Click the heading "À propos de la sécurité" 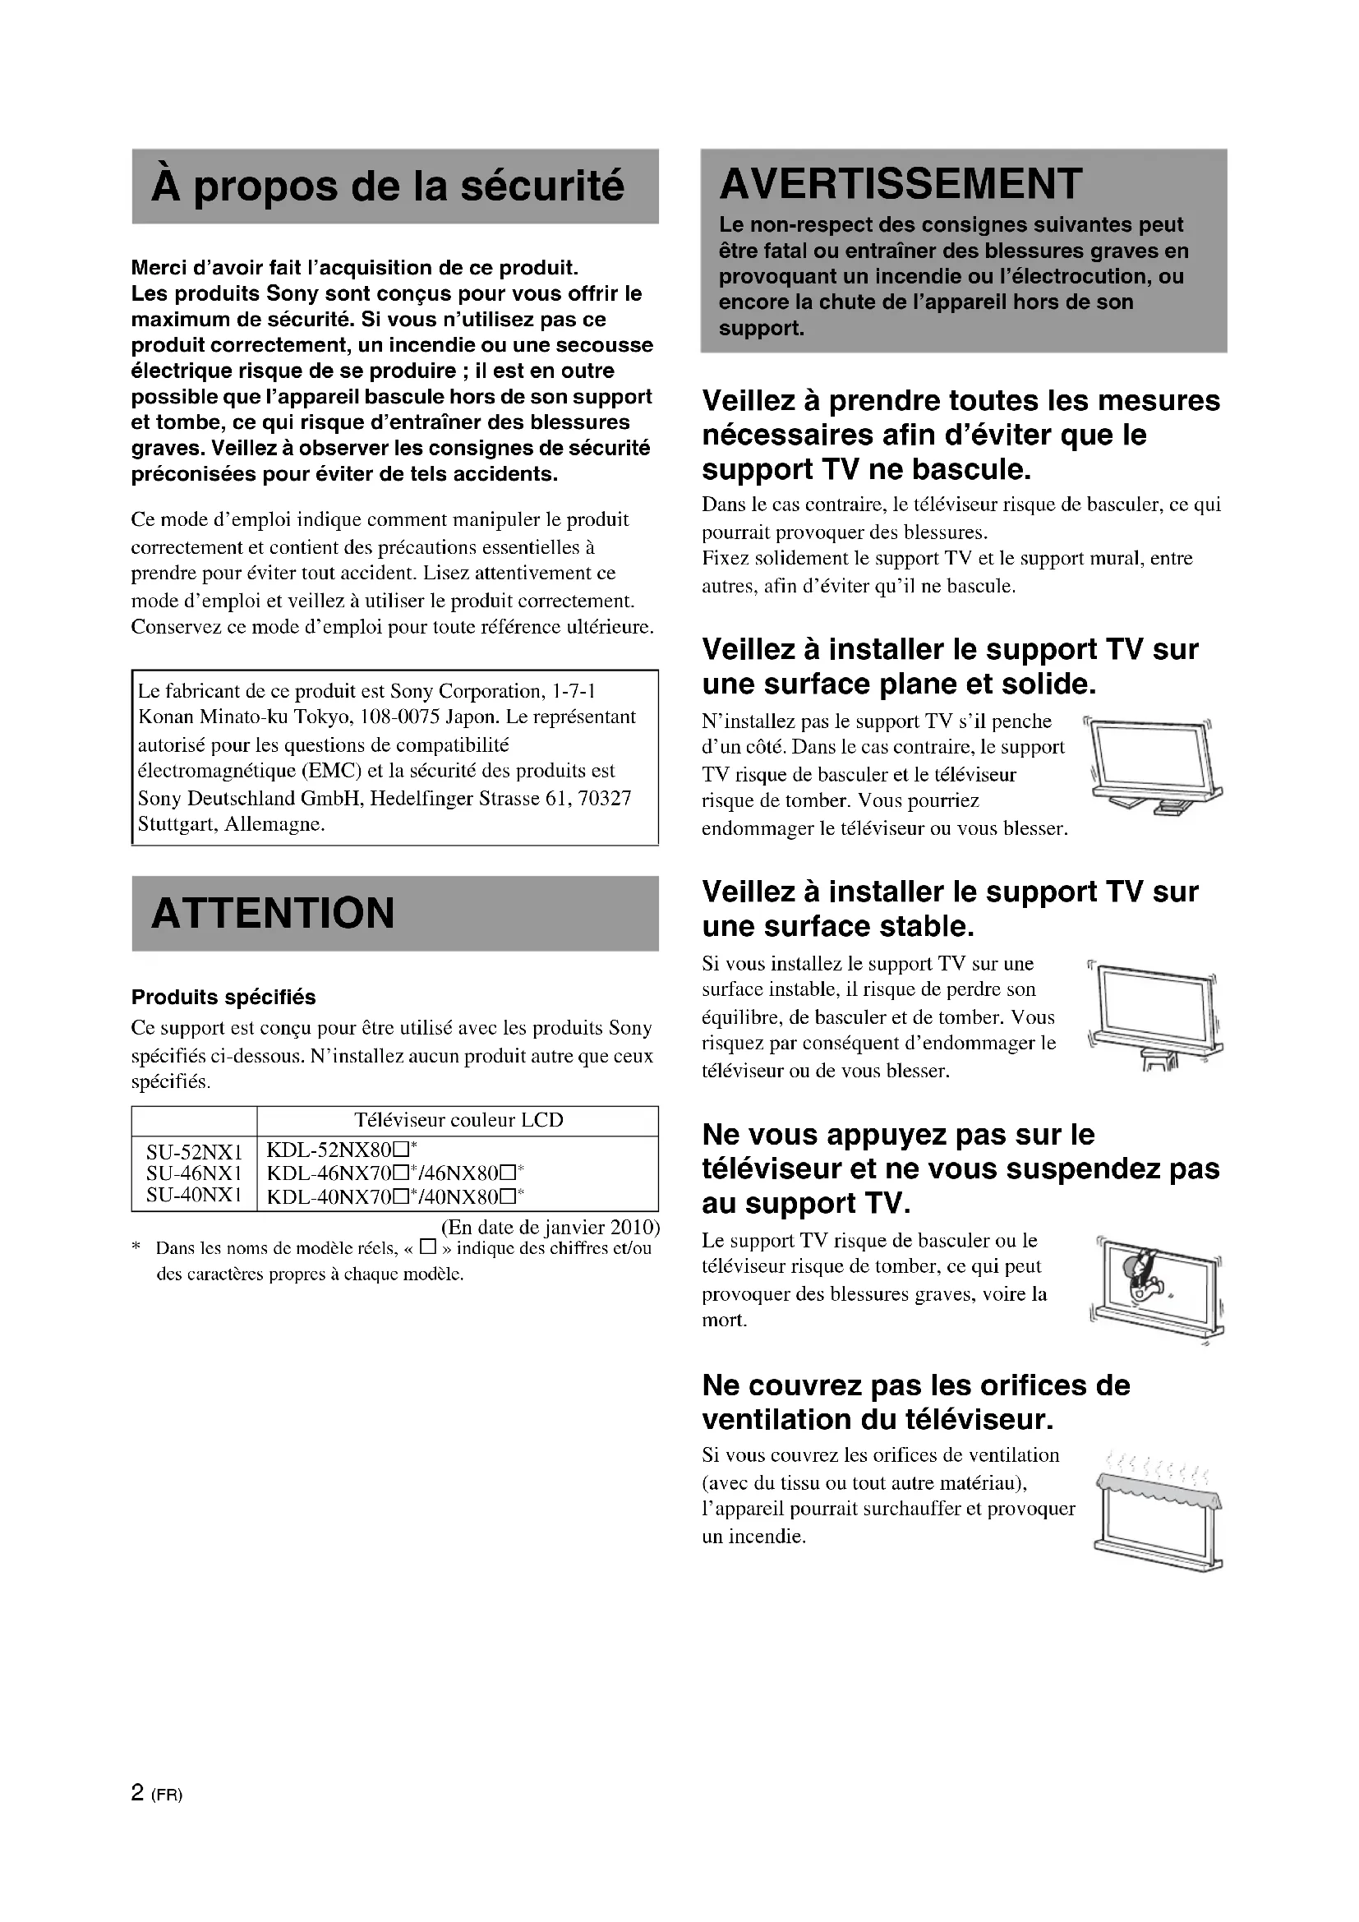(388, 186)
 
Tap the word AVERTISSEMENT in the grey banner (901, 184)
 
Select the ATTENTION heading (273, 913)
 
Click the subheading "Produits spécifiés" (223, 997)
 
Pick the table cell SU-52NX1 (194, 1154)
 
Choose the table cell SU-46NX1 (194, 1173)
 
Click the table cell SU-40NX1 (194, 1195)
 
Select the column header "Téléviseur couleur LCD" (458, 1120)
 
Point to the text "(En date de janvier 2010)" (551, 1227)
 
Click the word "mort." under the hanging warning (724, 1321)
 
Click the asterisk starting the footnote (136, 1248)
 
